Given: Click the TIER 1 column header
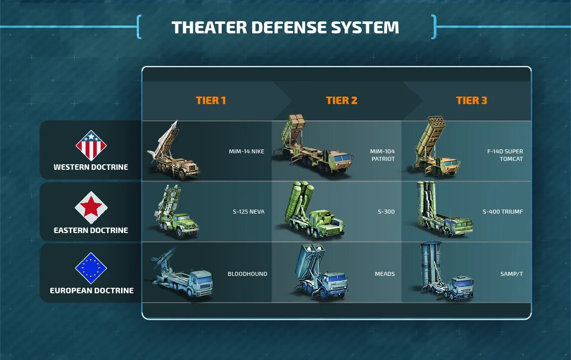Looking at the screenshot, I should (x=211, y=101).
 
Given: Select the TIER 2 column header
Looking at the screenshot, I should (x=341, y=101).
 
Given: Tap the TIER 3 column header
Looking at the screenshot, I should (x=471, y=101).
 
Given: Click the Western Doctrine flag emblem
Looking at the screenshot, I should (x=91, y=145).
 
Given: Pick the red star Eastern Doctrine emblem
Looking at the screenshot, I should (x=91, y=207).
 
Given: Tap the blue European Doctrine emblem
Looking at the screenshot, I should (x=91, y=268).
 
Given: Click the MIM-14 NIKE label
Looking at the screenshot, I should (x=246, y=151).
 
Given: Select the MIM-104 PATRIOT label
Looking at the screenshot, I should (x=382, y=155).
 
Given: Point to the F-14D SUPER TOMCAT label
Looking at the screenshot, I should (x=505, y=155).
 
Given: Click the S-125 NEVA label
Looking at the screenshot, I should (x=248, y=212).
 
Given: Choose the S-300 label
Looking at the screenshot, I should (x=386, y=212).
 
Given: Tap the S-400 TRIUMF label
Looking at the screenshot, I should (x=502, y=212).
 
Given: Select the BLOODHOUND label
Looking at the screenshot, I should (x=247, y=274).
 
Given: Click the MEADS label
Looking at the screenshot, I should (x=385, y=274).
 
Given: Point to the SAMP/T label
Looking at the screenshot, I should (x=511, y=274).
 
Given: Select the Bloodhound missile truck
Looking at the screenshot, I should (x=182, y=276).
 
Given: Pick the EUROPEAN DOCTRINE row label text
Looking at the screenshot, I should (x=92, y=290).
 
